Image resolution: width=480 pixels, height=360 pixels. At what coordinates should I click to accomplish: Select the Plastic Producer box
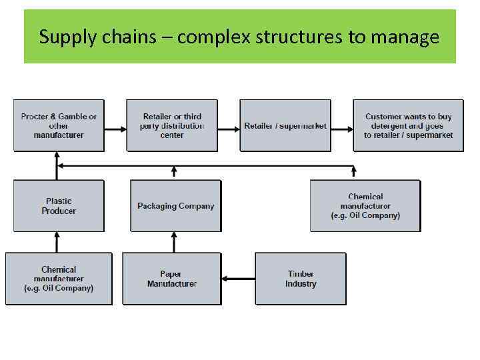coord(59,206)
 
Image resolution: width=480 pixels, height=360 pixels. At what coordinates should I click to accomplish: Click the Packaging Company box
coord(175,206)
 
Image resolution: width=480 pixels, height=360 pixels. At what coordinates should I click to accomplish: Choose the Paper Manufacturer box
coord(171,279)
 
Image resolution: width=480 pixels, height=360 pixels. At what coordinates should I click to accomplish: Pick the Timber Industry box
coord(301,279)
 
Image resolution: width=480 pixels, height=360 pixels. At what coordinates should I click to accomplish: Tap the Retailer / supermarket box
coord(285,125)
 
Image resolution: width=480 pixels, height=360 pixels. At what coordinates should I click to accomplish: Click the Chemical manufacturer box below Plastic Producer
coord(59,279)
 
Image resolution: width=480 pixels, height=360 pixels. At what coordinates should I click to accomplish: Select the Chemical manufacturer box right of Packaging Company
coord(365,206)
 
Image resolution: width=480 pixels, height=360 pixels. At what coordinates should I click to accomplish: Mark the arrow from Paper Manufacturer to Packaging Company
coord(175,242)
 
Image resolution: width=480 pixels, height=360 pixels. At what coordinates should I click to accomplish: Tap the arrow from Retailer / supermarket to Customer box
coord(341,126)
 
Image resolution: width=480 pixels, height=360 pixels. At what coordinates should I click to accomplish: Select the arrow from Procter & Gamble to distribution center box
coord(115,126)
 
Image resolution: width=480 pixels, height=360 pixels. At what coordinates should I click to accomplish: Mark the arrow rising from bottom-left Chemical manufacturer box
coord(59,242)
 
